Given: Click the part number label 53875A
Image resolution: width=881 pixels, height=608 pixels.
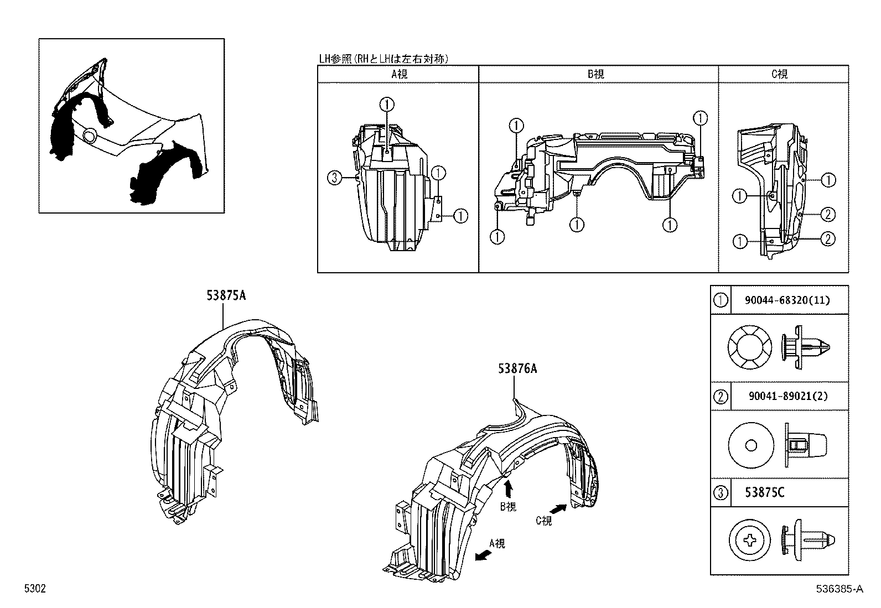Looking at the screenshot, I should coord(226,296).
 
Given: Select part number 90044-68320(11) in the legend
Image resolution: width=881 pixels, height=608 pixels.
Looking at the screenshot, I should coord(787,300).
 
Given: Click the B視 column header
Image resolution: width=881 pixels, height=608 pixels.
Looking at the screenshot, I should coord(596,74).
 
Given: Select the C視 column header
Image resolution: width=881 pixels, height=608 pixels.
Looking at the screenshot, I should coord(780,74).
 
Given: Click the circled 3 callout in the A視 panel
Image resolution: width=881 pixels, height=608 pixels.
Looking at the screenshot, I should coord(333,178).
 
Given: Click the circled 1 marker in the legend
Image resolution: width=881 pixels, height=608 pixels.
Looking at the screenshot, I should coord(720,300).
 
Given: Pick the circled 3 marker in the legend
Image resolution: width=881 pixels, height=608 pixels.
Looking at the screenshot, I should coord(720,492).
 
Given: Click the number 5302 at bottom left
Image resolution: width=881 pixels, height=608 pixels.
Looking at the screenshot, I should coord(34,590).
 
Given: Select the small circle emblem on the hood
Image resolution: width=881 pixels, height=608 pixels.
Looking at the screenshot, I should coord(89,136).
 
